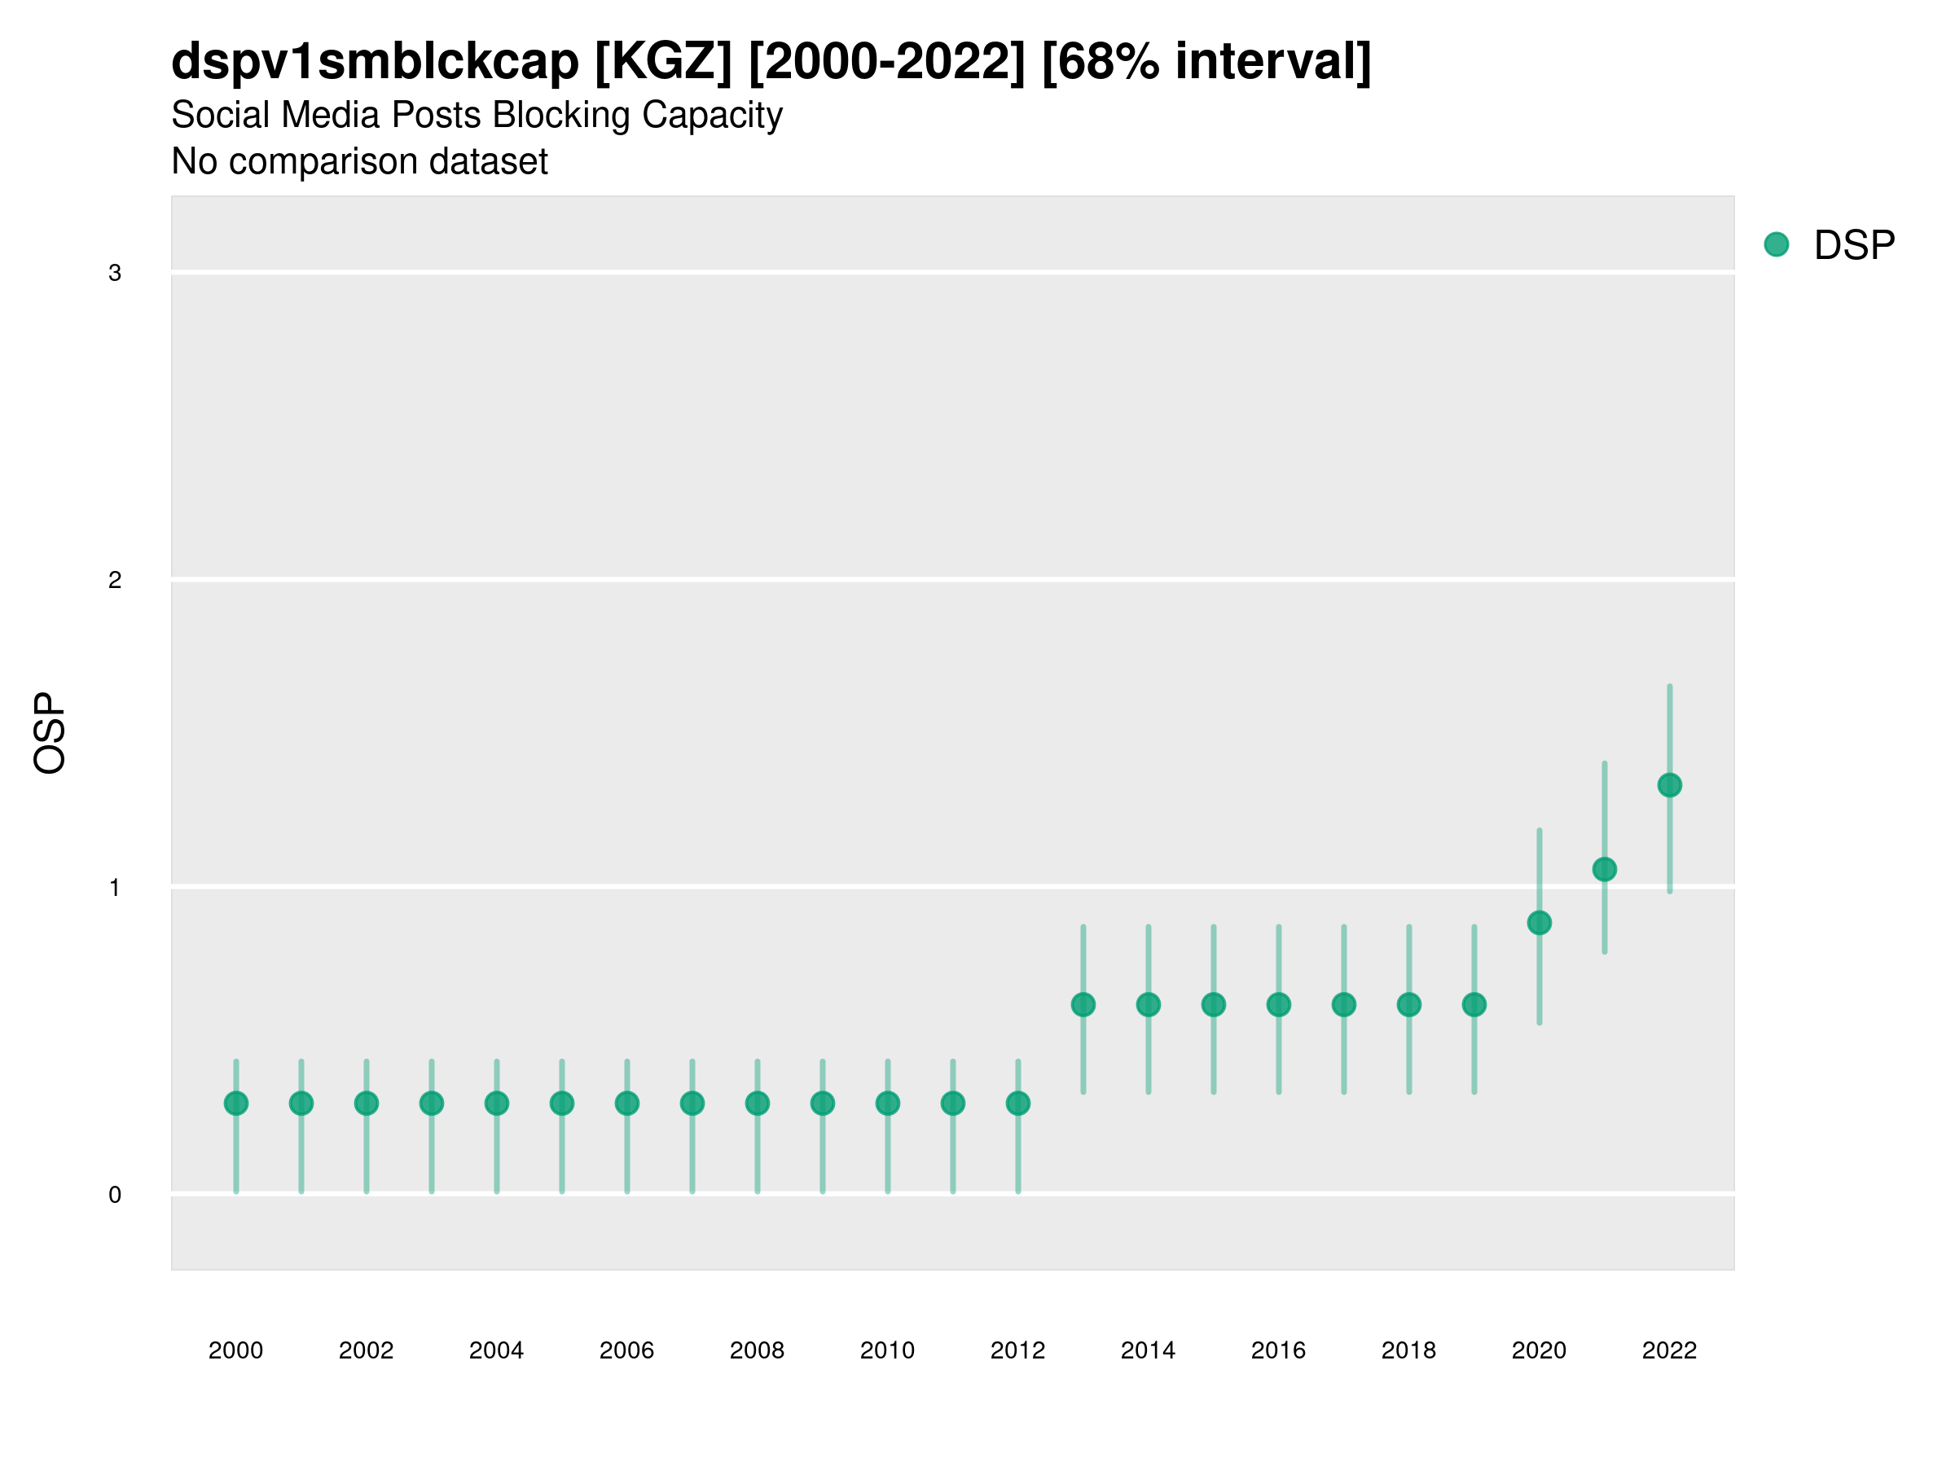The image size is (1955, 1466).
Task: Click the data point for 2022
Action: point(1670,784)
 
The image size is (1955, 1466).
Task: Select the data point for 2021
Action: point(1604,870)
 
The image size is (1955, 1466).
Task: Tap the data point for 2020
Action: point(1539,923)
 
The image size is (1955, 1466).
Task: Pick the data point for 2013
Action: point(1083,1005)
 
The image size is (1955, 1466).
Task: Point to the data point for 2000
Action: point(236,1103)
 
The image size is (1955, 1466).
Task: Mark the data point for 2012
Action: point(1018,1103)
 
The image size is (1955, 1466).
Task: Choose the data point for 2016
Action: point(1279,1005)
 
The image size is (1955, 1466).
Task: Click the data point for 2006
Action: point(626,1103)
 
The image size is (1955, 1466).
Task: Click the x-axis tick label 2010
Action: point(887,1350)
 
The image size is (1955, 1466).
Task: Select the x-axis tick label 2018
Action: point(1408,1350)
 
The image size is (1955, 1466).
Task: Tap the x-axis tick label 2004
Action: point(497,1350)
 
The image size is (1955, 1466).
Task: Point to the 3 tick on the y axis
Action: point(115,273)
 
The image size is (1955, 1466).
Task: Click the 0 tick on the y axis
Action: point(115,1195)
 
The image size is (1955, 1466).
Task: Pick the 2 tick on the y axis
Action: point(115,581)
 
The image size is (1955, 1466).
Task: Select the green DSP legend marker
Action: point(1777,245)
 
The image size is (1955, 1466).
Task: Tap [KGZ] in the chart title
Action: point(663,62)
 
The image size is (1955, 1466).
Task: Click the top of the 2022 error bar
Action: point(1670,687)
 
